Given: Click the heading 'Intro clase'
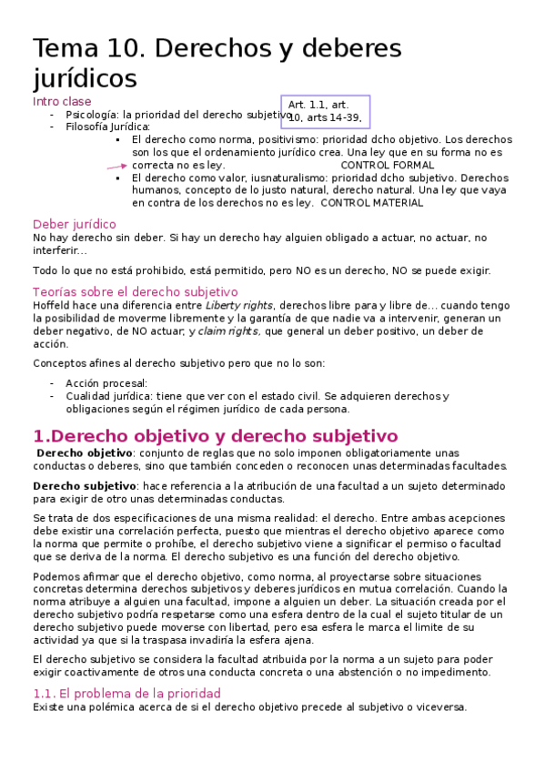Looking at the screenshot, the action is (62, 102).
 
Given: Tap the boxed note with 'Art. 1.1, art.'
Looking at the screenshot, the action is (324, 111).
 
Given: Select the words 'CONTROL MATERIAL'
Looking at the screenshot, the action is (372, 203).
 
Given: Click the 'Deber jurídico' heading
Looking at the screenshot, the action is (74, 224).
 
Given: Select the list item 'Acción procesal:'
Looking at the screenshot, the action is (106, 383).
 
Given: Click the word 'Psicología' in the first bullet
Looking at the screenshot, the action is (92, 116).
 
